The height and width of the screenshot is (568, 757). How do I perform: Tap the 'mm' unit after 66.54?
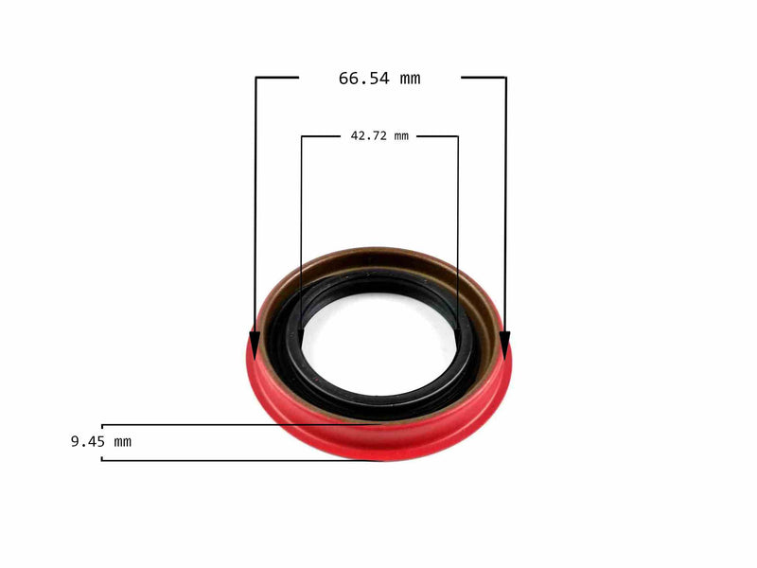(x=409, y=79)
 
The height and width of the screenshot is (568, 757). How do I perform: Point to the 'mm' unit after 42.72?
(x=401, y=136)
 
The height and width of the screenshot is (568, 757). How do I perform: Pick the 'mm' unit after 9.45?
(x=123, y=441)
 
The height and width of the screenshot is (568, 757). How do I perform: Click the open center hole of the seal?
(x=378, y=336)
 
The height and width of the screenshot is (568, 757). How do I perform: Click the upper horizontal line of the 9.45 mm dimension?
(x=189, y=425)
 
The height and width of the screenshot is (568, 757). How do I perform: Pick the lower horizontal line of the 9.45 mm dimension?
(x=237, y=460)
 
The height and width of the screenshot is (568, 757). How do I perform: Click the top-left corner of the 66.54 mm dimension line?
(x=256, y=78)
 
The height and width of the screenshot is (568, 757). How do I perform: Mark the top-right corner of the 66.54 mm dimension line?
(x=505, y=78)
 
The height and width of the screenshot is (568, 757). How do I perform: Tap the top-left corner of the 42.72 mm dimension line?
(x=302, y=136)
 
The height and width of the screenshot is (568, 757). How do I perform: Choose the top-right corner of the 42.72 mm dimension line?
(x=458, y=136)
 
